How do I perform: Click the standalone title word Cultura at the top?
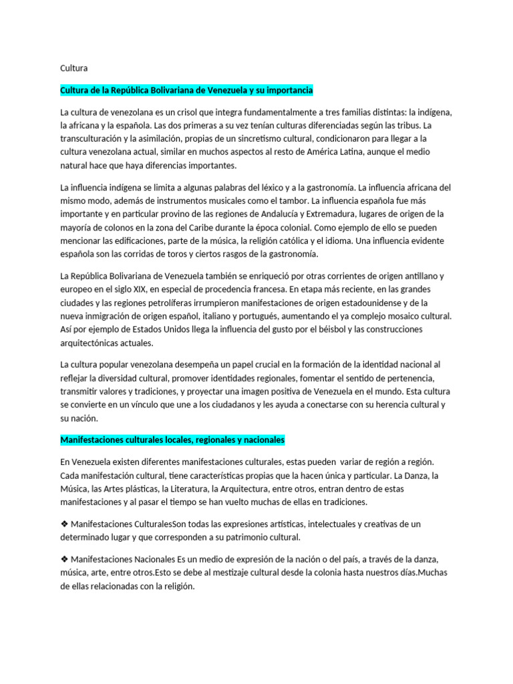(x=73, y=67)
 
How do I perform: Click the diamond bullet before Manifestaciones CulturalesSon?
(x=64, y=524)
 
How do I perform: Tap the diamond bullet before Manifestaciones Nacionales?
(x=64, y=559)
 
